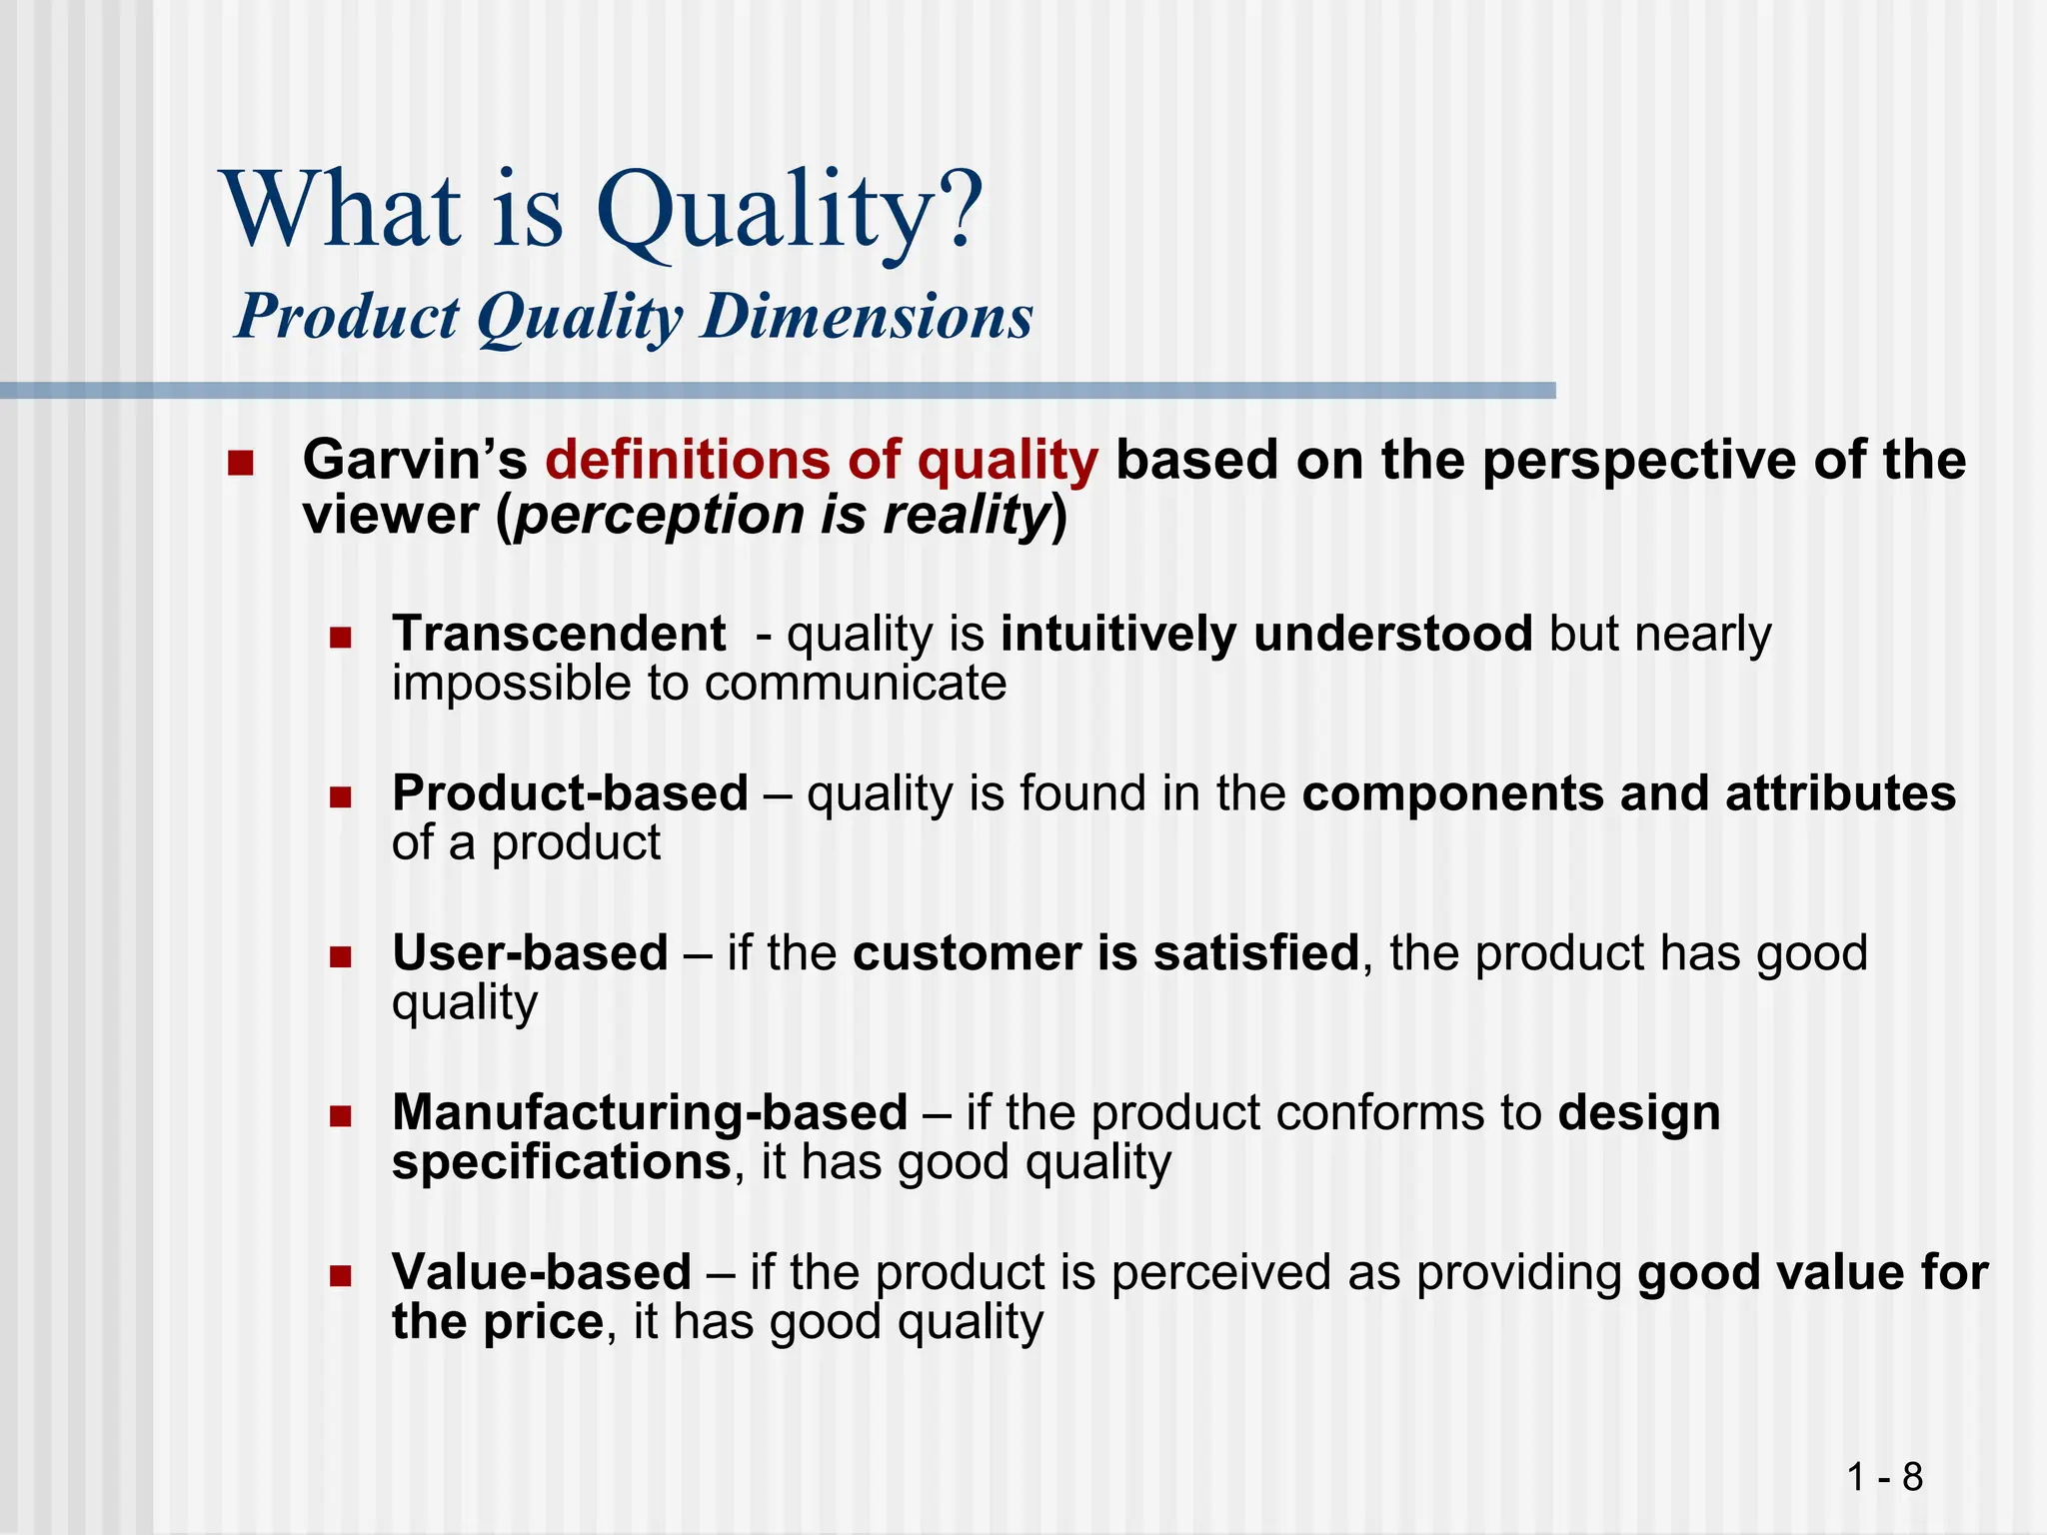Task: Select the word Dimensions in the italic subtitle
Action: point(867,317)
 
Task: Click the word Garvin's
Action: point(415,461)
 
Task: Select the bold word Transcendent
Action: point(559,635)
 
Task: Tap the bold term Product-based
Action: point(570,793)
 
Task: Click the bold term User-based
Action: point(530,952)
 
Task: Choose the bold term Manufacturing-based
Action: point(650,1112)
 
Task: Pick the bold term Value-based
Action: point(542,1272)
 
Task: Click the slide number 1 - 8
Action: point(1885,1476)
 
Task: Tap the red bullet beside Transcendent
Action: point(341,638)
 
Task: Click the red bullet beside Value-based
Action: point(341,1276)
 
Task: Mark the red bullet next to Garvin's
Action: point(240,464)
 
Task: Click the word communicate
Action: point(855,685)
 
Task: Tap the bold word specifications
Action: point(561,1163)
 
